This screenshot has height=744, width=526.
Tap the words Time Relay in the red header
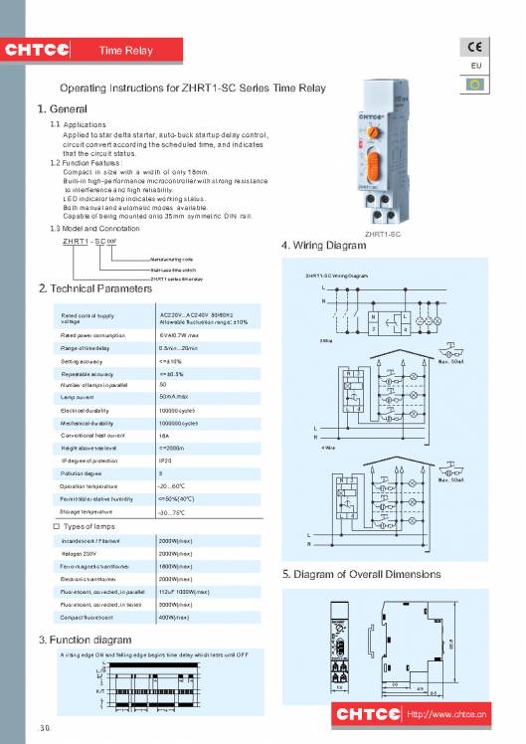pyautogui.click(x=126, y=51)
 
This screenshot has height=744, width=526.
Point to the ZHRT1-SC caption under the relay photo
pyautogui.click(x=383, y=235)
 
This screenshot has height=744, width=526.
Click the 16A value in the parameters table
pyautogui.click(x=165, y=436)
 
